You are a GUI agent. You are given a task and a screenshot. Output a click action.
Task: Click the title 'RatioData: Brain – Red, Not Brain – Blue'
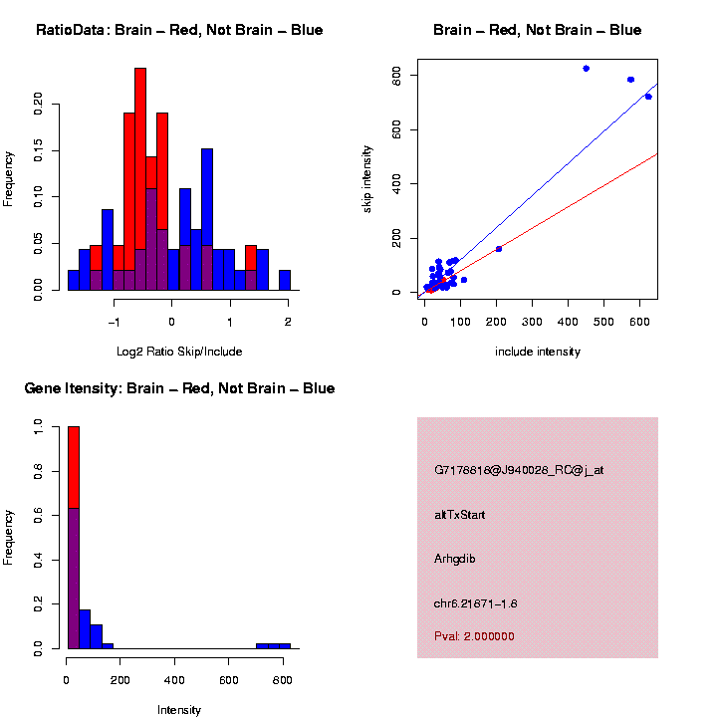[179, 31]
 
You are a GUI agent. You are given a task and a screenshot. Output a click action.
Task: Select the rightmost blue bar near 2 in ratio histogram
[285, 280]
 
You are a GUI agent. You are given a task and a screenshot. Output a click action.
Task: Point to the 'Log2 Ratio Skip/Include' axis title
[179, 352]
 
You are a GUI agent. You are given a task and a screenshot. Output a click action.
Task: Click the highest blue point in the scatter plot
[587, 69]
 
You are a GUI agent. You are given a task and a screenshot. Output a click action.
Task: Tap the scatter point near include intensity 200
[499, 248]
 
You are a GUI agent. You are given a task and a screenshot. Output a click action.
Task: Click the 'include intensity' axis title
[538, 352]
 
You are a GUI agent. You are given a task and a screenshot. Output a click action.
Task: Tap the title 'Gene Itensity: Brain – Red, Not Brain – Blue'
[179, 388]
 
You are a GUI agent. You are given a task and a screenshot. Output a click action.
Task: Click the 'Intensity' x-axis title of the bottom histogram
[179, 710]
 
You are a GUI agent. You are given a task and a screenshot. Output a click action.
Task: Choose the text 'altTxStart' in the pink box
[460, 515]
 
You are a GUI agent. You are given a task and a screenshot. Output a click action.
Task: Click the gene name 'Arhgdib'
[455, 559]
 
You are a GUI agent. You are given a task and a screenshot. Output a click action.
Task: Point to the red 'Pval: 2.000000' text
[475, 635]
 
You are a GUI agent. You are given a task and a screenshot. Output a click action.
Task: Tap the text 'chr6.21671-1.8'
[476, 603]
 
